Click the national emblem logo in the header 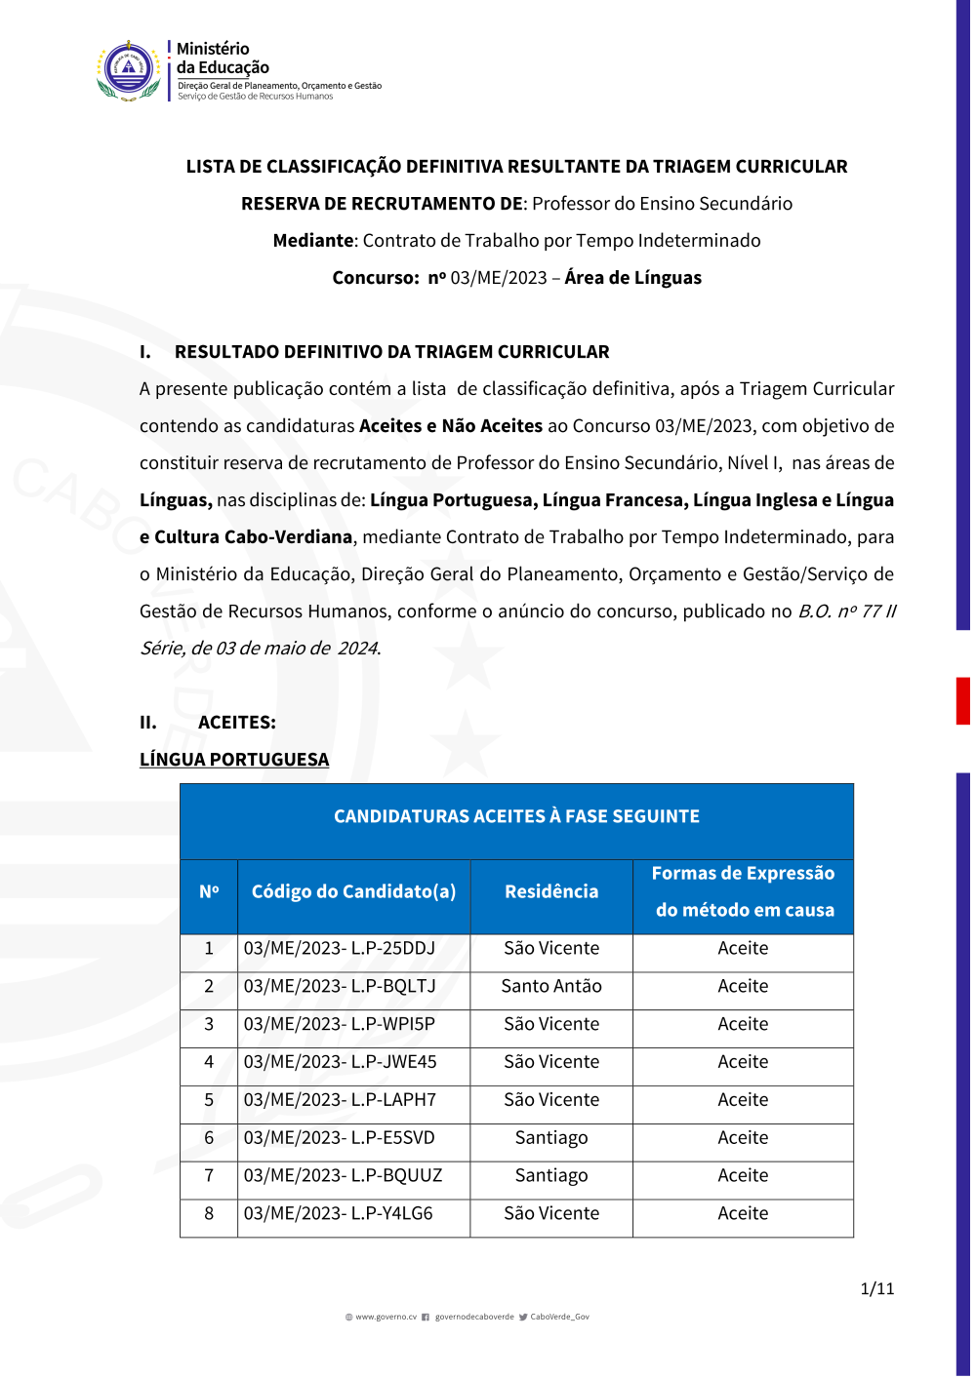coord(129,70)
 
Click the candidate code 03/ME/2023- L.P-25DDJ coord(339,948)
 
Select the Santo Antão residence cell coord(551,986)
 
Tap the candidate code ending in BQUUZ coord(343,1175)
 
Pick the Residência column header coord(551,891)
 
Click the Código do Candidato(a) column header coord(353,891)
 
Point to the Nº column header coord(209,891)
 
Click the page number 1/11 coord(876,1288)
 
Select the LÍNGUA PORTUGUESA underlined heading coord(234,759)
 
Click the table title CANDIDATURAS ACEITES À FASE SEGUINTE coord(516,816)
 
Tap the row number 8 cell coord(209,1213)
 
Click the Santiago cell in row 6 coord(551,1137)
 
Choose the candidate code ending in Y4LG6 coord(338,1213)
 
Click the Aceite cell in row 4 coord(743,1061)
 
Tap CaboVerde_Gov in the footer coord(559,1317)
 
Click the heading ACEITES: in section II coord(237,722)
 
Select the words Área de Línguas coord(632,277)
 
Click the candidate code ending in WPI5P coord(339,1024)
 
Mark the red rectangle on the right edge coord(962,700)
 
